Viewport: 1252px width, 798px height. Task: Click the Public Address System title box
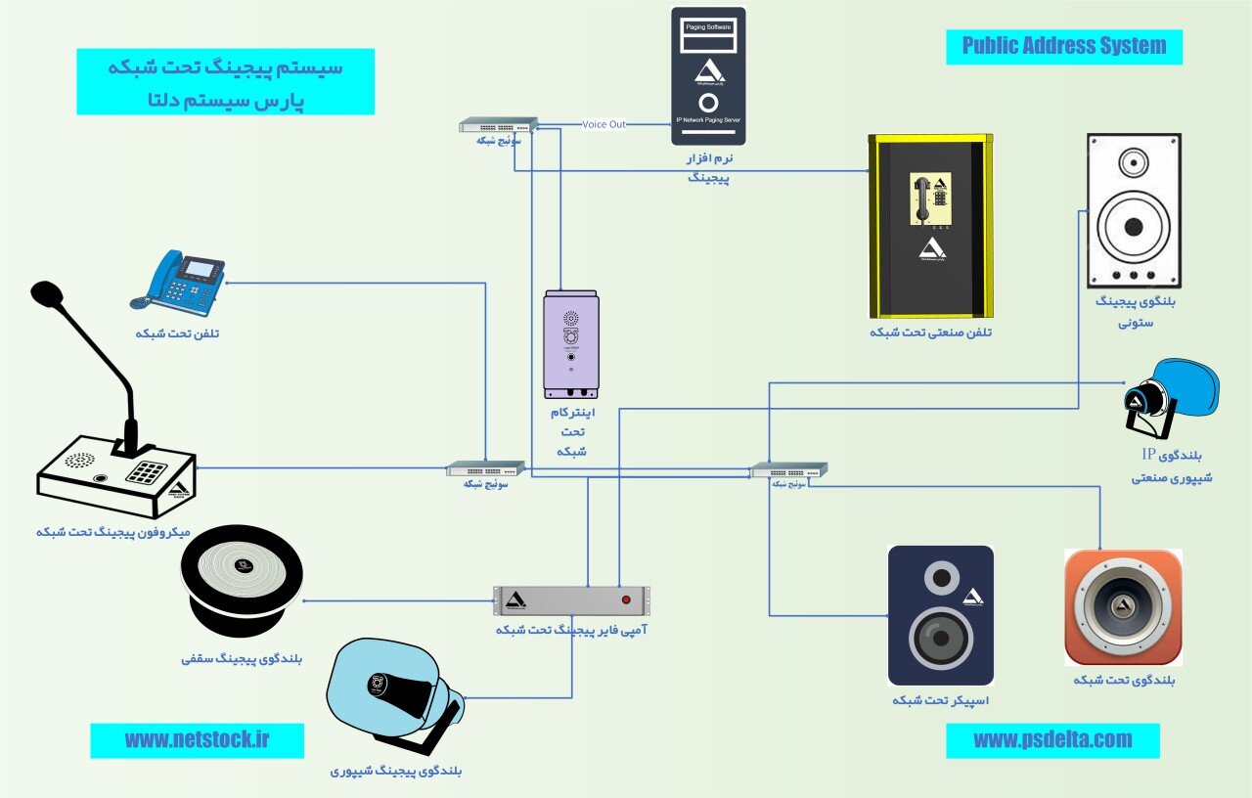1064,46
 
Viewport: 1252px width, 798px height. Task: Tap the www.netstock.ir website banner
197,740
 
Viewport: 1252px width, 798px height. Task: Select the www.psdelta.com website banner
1052,740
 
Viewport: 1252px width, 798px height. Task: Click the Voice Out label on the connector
604,124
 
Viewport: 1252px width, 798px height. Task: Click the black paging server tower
708,76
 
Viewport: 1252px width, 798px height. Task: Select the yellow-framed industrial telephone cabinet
930,226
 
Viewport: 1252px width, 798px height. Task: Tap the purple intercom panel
571,344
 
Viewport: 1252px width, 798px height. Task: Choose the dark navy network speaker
941,615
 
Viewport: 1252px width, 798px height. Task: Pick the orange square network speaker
1123,607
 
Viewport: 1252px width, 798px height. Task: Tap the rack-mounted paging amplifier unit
571,598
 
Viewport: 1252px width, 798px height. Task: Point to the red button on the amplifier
625,598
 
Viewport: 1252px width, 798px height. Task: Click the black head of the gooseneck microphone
46,293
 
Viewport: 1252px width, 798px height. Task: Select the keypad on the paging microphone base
147,471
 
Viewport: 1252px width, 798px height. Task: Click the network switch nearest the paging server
499,125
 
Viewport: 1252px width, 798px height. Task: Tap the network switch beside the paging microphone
486,469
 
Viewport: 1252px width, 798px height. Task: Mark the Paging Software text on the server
708,28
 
